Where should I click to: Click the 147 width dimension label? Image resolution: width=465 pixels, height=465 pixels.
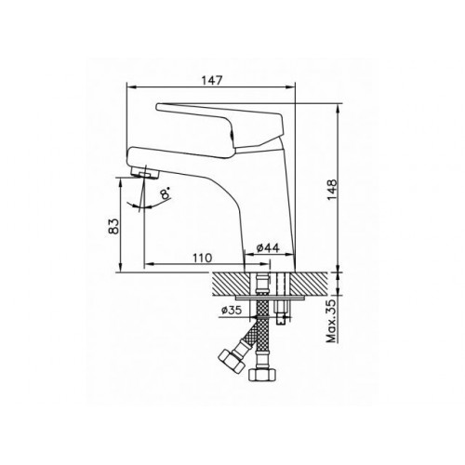(212, 80)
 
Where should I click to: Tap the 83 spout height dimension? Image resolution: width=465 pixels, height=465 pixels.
(113, 226)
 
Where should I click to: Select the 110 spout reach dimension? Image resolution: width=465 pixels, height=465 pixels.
(203, 258)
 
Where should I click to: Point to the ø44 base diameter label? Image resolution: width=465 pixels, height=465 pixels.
(268, 247)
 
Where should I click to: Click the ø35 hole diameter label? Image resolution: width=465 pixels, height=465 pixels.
(231, 310)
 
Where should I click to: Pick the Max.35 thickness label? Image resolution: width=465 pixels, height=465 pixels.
(332, 321)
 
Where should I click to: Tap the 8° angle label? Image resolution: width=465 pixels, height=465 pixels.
(165, 193)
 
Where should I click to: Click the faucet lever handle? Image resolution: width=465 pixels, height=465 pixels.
(220, 124)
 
